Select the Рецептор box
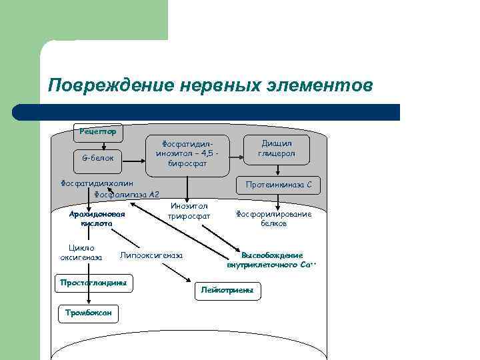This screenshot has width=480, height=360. [98, 131]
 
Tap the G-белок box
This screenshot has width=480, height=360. [97, 159]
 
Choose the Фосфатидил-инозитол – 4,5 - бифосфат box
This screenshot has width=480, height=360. [187, 153]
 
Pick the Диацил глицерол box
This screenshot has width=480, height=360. [276, 148]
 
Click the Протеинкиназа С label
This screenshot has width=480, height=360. [278, 184]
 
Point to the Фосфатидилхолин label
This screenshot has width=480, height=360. [93, 183]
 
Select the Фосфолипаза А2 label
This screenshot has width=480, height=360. [127, 195]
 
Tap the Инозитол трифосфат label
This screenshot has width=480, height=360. [189, 211]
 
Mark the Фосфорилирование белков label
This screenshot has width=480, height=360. [273, 219]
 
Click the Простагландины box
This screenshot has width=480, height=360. [93, 283]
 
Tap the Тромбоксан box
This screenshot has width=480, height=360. [88, 312]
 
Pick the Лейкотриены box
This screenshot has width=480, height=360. [227, 291]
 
